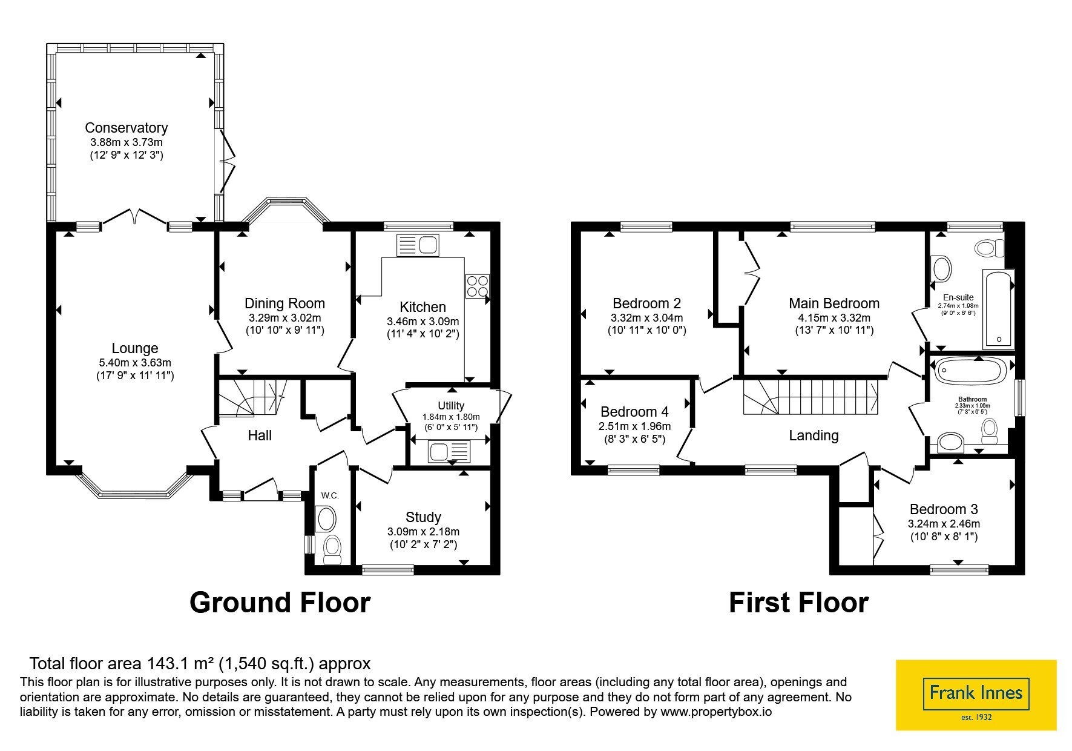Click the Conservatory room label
point(126,128)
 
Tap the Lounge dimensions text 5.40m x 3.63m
point(135,363)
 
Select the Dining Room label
point(284,303)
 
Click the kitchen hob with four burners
point(478,286)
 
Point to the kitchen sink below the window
point(418,245)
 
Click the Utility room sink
point(449,452)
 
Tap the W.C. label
point(330,495)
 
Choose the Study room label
point(423,517)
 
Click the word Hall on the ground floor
point(260,435)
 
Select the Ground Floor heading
point(280,603)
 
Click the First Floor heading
point(798,603)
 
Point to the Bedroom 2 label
point(646,303)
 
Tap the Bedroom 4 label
point(634,412)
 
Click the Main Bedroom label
point(834,303)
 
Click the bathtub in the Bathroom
point(970,371)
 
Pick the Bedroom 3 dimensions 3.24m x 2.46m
point(944,524)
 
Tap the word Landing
point(814,435)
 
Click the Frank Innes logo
point(976,695)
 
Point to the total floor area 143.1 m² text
point(200,663)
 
